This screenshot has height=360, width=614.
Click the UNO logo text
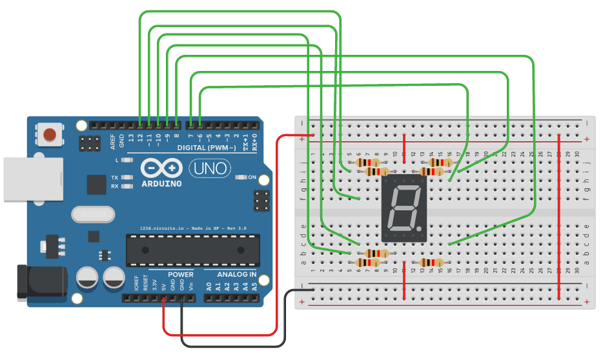point(207,169)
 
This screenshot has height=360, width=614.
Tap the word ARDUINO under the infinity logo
point(161,184)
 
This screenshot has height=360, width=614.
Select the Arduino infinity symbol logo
point(161,169)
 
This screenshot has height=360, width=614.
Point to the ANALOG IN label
point(236,275)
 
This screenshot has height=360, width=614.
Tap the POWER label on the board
point(181,275)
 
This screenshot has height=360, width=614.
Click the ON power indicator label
point(252,177)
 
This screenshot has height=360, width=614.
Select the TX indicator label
point(114,177)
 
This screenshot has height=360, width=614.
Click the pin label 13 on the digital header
point(131,137)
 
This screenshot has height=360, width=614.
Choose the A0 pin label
point(209,286)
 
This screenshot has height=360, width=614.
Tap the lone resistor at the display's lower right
point(431,263)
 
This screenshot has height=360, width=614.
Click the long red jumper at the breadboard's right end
point(559,216)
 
